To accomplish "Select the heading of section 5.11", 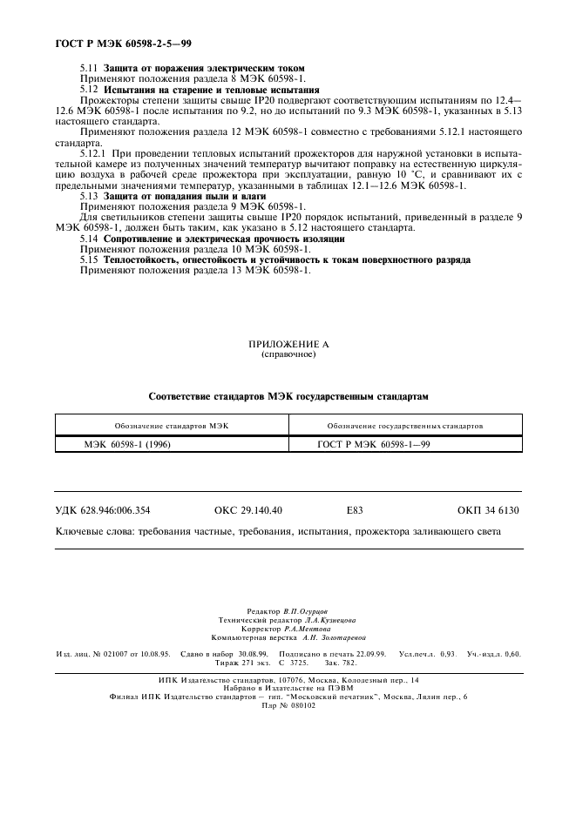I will (204, 68).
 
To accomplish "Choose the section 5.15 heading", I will (287, 259).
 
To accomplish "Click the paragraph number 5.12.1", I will (94, 154).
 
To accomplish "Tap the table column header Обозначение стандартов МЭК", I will (171, 426).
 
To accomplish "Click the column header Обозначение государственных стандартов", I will (404, 426).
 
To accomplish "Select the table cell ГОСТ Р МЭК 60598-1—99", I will (374, 443).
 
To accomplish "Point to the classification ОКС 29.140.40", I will (254, 510).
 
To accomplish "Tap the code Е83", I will (354, 510).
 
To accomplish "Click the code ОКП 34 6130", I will (488, 510).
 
